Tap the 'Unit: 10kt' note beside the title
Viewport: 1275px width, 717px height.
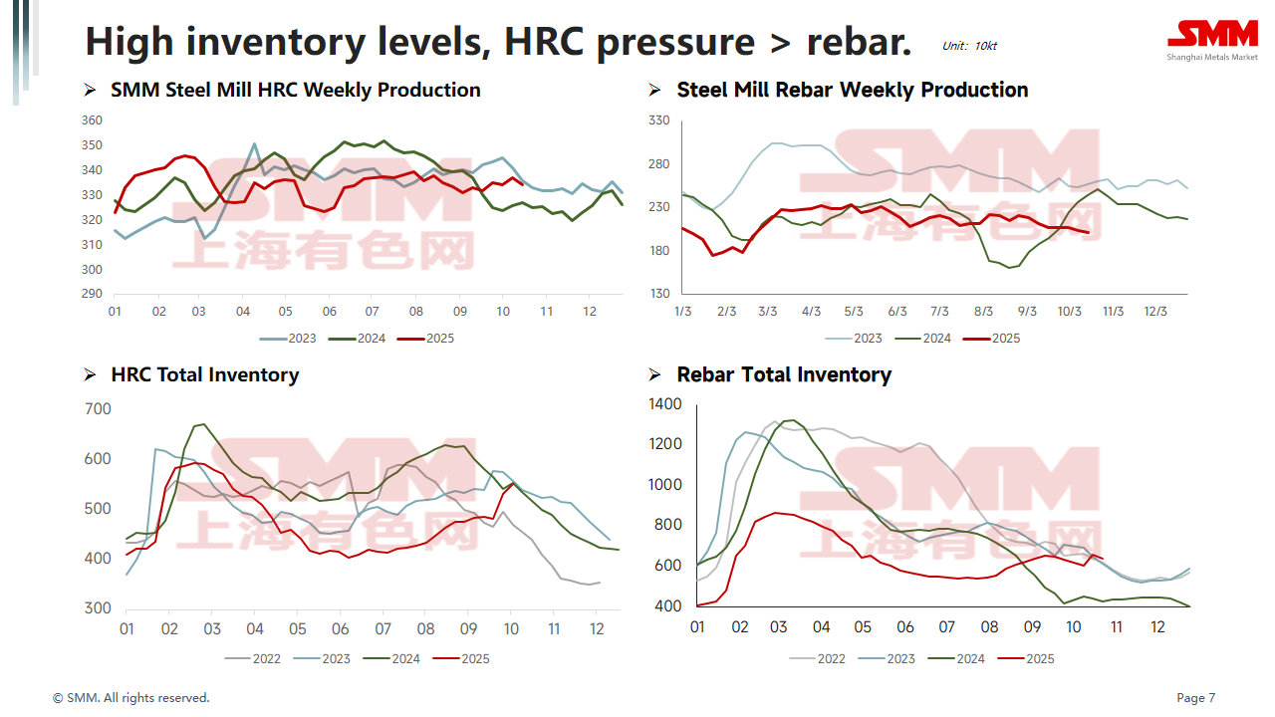[x=969, y=46]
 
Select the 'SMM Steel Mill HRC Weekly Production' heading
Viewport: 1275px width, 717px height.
[x=295, y=91]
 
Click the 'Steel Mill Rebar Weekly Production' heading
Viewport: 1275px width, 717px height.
[x=852, y=91]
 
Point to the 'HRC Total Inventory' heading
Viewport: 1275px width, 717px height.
[x=204, y=375]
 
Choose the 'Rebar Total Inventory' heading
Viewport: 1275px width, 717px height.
[x=783, y=375]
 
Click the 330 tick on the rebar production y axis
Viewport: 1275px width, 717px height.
[x=659, y=120]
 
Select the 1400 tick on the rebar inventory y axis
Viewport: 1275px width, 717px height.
[x=666, y=404]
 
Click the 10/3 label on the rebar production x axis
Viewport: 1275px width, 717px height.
[x=1069, y=312]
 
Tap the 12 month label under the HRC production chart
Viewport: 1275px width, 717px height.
[x=589, y=312]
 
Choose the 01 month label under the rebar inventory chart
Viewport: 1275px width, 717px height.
[x=697, y=627]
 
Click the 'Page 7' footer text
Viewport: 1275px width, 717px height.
[x=1196, y=698]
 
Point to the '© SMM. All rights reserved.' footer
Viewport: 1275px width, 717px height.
[x=131, y=698]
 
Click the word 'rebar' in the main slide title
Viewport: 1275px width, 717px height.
[x=858, y=42]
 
